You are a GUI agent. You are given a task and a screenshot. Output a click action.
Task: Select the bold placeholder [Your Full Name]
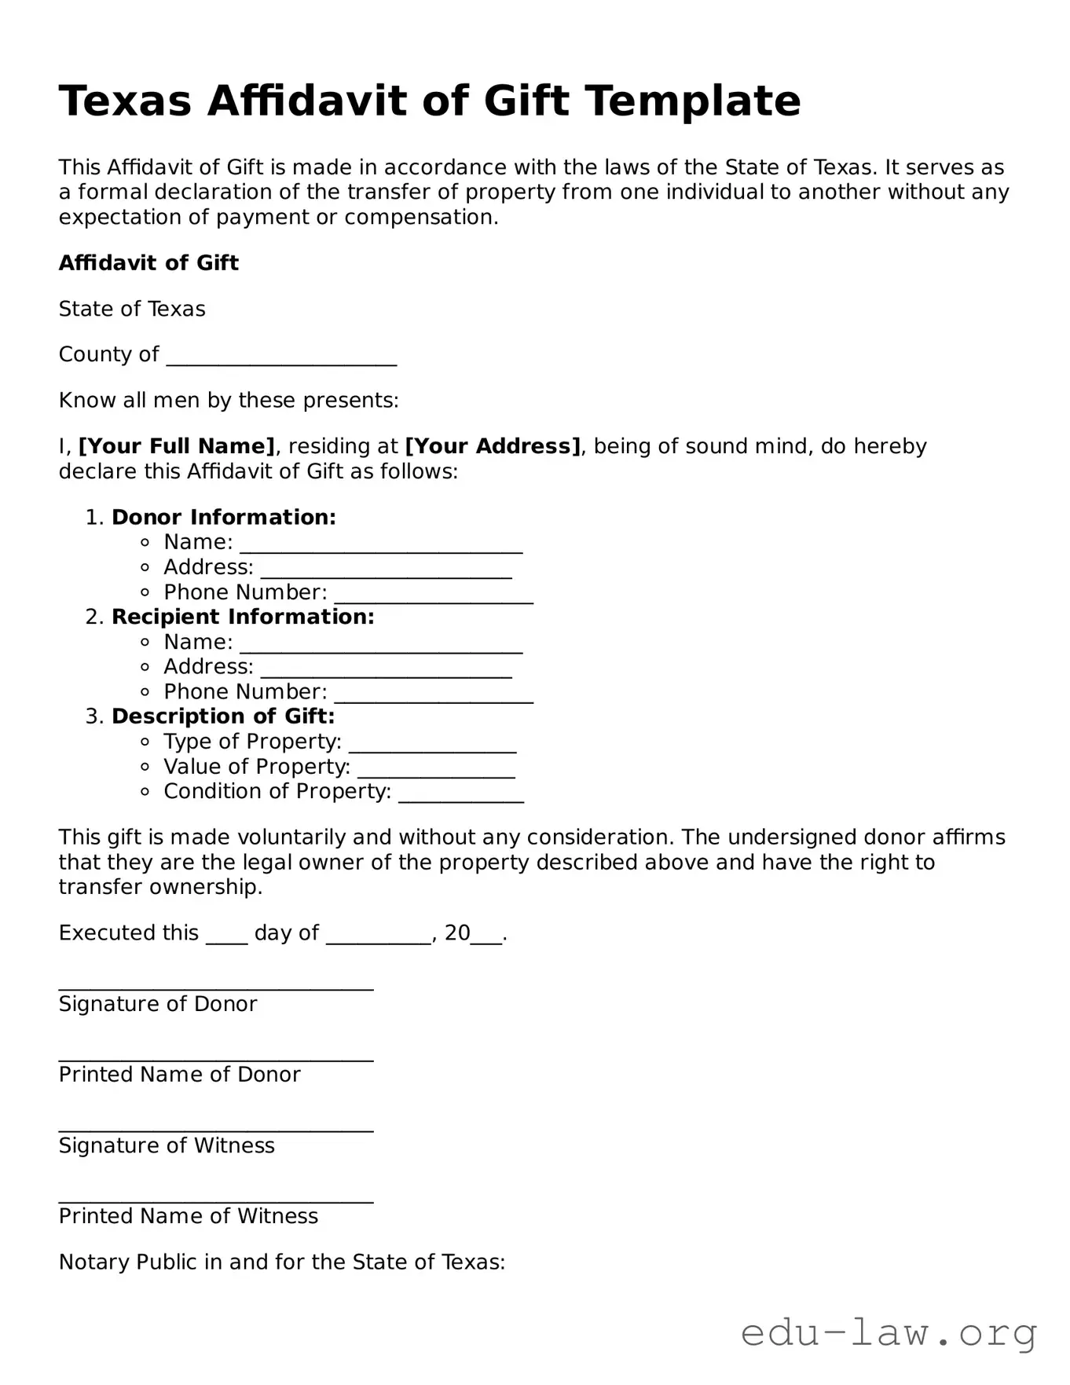[x=177, y=446]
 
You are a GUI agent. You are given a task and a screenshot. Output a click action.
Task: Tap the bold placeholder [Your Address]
[x=493, y=446]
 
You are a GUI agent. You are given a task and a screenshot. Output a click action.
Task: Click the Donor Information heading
[x=224, y=517]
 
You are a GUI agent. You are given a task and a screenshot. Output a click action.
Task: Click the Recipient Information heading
[x=243, y=617]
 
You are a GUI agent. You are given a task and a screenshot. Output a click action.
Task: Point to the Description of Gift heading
[x=223, y=716]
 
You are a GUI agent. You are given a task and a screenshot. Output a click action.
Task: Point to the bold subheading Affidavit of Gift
[x=148, y=263]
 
